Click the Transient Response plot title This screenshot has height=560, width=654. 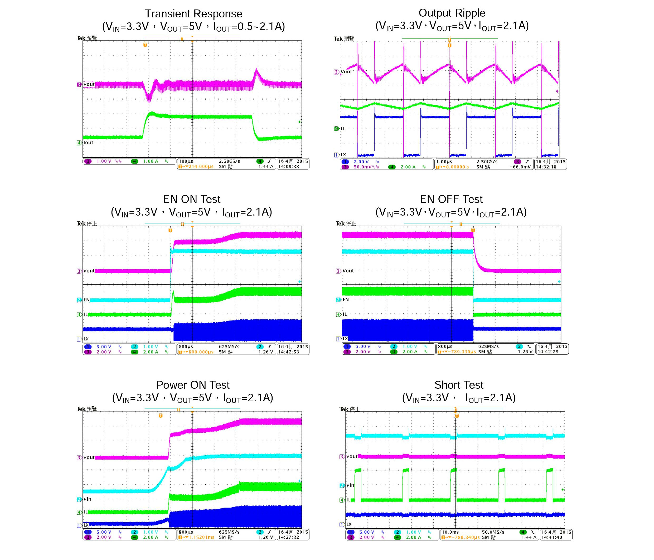click(x=193, y=14)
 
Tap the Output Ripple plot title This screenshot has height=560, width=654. click(x=452, y=13)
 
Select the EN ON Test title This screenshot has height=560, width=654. click(x=192, y=199)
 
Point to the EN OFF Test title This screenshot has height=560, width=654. click(x=451, y=199)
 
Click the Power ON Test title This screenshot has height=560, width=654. click(x=193, y=385)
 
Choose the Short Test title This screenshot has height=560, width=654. click(x=459, y=385)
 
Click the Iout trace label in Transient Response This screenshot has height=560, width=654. click(x=88, y=143)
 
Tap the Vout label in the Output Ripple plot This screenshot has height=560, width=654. click(x=346, y=72)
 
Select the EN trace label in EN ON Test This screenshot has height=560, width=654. click(x=86, y=300)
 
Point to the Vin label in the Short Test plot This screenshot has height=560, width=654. click(x=350, y=485)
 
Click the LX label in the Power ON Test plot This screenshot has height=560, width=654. click(x=86, y=525)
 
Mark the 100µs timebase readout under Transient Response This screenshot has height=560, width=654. click(x=186, y=161)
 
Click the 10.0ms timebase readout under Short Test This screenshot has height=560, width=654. click(x=450, y=532)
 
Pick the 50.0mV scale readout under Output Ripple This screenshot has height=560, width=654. click(x=362, y=167)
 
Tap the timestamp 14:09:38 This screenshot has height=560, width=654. click(x=288, y=167)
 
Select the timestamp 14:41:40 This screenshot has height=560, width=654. click(x=552, y=537)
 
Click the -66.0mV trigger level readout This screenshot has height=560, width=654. click(x=520, y=167)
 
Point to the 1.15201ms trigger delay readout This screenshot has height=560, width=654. click(x=201, y=537)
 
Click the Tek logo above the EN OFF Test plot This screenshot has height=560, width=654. click(x=340, y=224)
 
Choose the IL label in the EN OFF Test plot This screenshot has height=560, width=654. click(x=345, y=314)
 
